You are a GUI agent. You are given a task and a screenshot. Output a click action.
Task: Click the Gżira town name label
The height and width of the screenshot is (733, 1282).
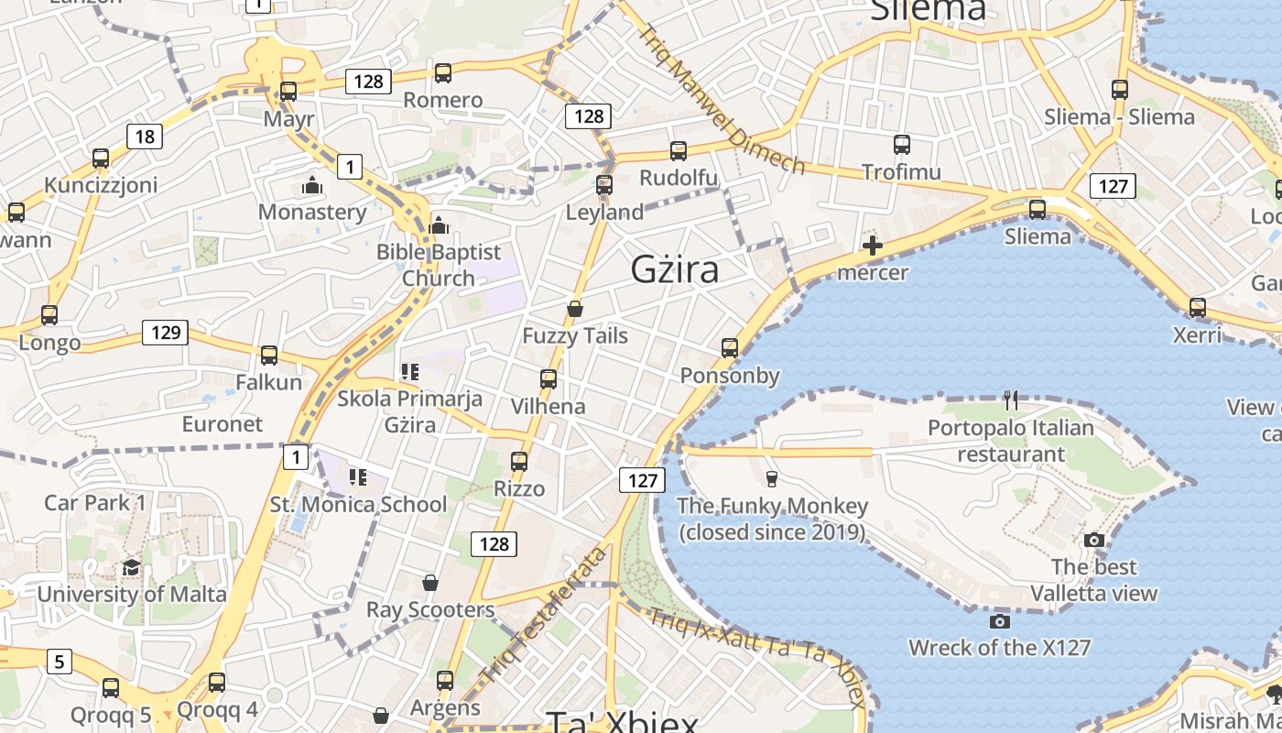pos(675,269)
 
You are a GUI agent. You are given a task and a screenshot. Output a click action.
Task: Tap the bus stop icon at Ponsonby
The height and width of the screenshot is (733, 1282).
pos(730,348)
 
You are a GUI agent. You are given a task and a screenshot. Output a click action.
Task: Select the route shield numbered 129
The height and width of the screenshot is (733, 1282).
pos(165,332)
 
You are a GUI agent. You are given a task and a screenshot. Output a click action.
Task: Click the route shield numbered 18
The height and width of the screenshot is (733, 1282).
pos(145,137)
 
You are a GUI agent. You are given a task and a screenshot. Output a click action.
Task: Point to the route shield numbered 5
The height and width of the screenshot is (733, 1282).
pos(60,661)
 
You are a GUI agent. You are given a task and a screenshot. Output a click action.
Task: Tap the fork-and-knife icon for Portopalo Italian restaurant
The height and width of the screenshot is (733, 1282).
pos(1010,399)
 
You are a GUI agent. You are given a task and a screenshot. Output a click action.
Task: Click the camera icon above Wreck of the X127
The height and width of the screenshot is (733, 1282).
pos(1000,621)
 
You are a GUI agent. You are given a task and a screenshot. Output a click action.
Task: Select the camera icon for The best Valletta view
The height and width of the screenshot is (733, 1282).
pos(1093,540)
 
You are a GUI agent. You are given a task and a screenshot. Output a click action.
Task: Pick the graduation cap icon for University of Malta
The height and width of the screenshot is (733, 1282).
pos(131,567)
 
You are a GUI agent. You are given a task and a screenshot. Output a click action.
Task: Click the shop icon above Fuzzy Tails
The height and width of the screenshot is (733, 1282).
pos(575,309)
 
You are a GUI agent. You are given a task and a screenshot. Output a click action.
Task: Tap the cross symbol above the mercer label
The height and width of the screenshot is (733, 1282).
pos(873,246)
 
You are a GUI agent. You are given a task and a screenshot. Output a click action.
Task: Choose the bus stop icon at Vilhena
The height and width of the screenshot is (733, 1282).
pos(548,378)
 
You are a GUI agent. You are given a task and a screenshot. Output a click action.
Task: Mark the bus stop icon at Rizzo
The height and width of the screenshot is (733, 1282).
pos(519,461)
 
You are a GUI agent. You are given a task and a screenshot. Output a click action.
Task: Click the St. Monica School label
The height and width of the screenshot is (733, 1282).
pos(358,504)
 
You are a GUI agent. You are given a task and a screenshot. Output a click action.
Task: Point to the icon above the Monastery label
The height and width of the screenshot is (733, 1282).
pos(312,186)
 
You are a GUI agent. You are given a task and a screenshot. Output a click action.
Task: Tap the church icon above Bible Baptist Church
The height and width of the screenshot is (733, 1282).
pos(439,224)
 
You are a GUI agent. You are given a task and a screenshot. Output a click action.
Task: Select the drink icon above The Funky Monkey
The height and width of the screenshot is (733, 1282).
pos(771,478)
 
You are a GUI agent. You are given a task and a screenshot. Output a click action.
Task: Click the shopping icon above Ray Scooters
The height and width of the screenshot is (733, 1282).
pos(429,583)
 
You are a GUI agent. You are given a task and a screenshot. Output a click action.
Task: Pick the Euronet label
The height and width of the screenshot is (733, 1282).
pos(223,424)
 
